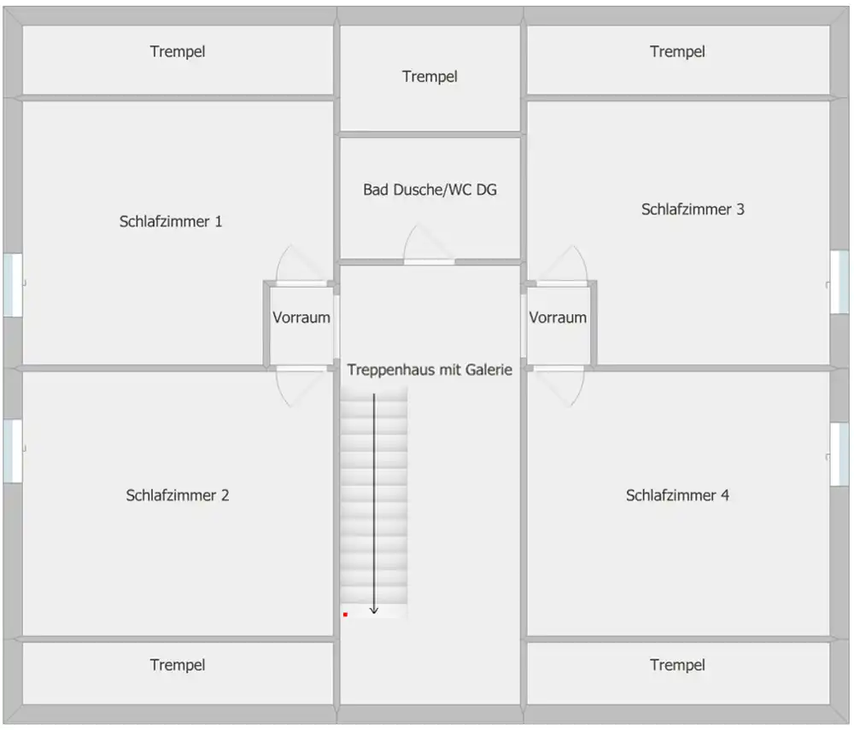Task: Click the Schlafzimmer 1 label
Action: coord(171,221)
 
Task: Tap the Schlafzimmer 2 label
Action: coord(178,495)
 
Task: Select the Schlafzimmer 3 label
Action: coord(693,209)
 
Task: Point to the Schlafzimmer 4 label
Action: coord(677,495)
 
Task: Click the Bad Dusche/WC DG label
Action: coord(430,190)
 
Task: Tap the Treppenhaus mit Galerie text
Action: coord(430,371)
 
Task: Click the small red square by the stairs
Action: coord(345,615)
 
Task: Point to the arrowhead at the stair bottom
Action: coord(374,610)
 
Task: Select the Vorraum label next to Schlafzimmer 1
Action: coord(301,318)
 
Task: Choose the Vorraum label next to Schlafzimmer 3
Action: coord(558,318)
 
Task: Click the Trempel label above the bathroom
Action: coord(430,77)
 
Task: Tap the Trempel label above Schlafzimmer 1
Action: coord(178,52)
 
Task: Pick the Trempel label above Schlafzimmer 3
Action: coord(677,52)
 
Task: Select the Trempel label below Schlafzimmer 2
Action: coord(178,665)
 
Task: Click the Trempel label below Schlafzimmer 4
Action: coord(677,665)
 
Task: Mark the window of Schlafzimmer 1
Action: coord(13,284)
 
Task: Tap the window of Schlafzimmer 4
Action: coord(839,454)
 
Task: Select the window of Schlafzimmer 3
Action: coord(839,282)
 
